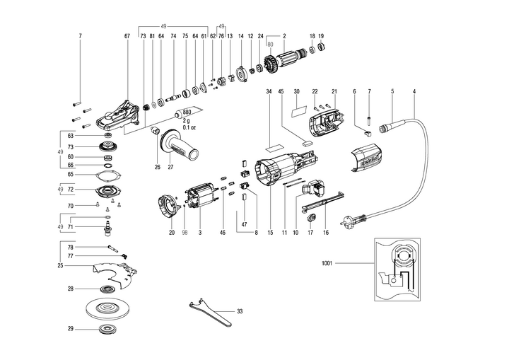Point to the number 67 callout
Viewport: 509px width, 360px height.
pyautogui.click(x=127, y=35)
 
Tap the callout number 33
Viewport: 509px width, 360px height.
pyautogui.click(x=240, y=311)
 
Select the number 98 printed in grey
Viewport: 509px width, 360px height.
pyautogui.click(x=185, y=233)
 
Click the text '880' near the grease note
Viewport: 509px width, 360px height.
pyautogui.click(x=187, y=113)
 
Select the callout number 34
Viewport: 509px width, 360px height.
pyautogui.click(x=269, y=91)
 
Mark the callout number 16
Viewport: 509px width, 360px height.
pyautogui.click(x=327, y=233)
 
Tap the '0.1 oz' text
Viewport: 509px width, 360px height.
pyautogui.click(x=187, y=127)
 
